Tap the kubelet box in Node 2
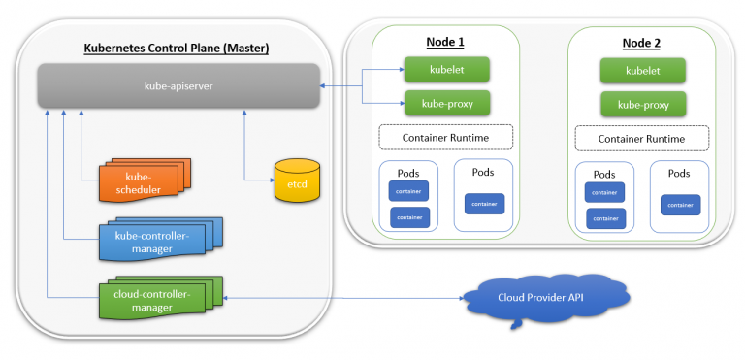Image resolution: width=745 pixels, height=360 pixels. pos(643,70)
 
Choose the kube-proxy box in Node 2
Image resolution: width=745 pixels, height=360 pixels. pos(643,104)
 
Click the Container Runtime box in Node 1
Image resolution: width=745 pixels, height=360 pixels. pos(446,137)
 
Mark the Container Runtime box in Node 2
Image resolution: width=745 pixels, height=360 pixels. pos(643,139)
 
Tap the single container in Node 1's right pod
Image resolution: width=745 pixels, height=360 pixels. pos(485,203)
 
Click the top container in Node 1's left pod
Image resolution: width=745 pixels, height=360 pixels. pos(408,191)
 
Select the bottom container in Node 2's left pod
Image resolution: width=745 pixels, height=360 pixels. pos(605,218)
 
